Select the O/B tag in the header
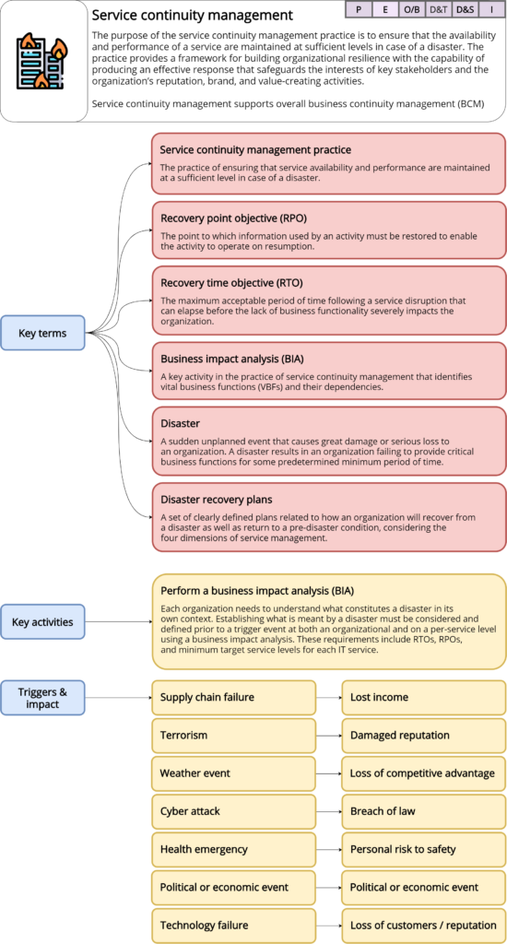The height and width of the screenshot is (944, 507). coord(411,10)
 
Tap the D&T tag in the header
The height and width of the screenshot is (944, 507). coord(439,10)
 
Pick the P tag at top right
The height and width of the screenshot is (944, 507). coord(358,10)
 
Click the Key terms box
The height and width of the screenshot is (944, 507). coord(42,333)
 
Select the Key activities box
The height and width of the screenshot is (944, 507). coord(42,621)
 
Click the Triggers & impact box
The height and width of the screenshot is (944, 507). coord(42,698)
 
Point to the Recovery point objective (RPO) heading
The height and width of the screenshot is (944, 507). coord(233,218)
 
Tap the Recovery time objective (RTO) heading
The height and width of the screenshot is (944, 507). coord(231,282)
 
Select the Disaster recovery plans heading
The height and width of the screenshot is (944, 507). coord(216,499)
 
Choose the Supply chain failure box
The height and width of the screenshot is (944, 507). coord(233,698)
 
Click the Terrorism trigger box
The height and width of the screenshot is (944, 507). coord(233,736)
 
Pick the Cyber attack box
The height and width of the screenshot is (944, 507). coord(233,811)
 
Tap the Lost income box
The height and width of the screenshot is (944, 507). coord(423,698)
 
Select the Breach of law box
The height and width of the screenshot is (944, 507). coord(423,811)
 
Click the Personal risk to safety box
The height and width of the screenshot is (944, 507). coord(423,849)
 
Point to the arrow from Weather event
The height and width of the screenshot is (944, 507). coord(328,773)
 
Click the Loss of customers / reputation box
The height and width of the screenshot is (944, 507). coord(423,925)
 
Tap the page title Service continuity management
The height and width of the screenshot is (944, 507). coord(193,15)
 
